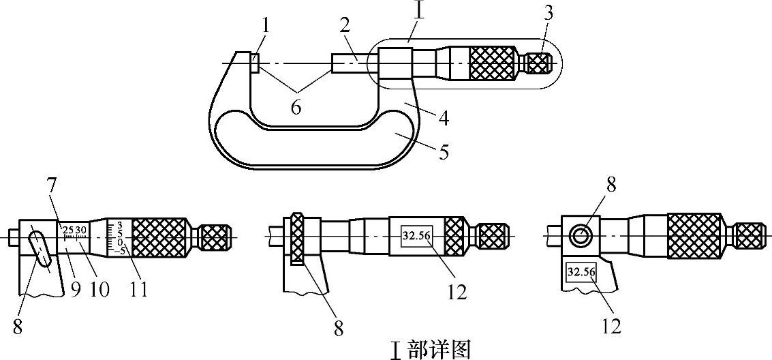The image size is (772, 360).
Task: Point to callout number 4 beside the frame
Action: [443, 118]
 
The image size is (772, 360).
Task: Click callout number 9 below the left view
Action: [75, 289]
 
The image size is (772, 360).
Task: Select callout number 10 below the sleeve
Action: [99, 289]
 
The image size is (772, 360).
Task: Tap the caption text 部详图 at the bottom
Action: [439, 349]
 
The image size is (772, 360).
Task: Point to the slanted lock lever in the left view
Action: [40, 249]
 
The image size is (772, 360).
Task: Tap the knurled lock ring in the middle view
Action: [296, 239]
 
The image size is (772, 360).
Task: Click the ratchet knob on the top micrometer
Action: [539, 63]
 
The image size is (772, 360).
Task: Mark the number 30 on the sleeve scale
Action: [81, 230]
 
